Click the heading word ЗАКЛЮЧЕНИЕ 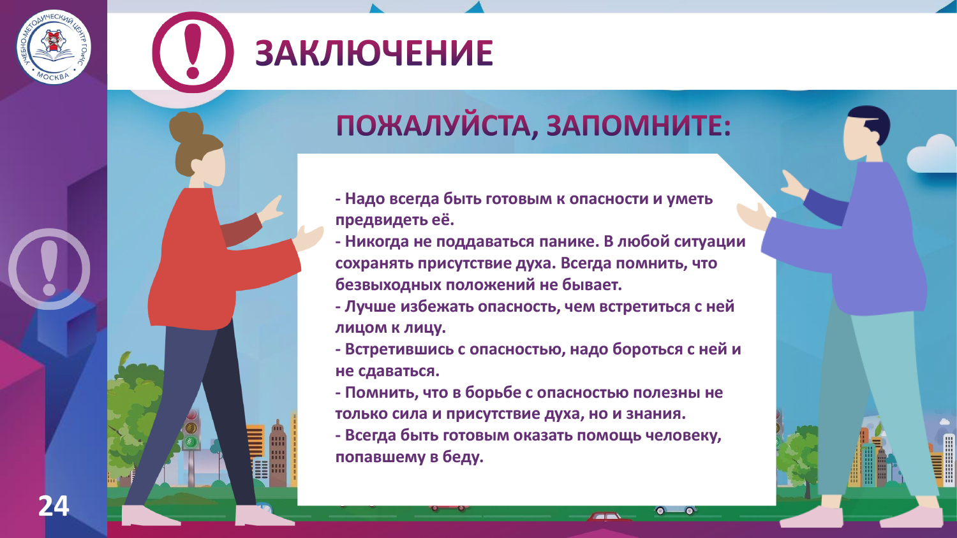click(x=375, y=53)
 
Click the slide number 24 click(x=54, y=506)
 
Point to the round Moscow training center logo click(x=54, y=47)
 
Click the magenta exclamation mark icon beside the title click(x=193, y=52)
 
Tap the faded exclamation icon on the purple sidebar click(x=49, y=268)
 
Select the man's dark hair click(x=870, y=124)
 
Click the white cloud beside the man click(x=932, y=154)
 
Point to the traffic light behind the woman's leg click(x=191, y=430)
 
